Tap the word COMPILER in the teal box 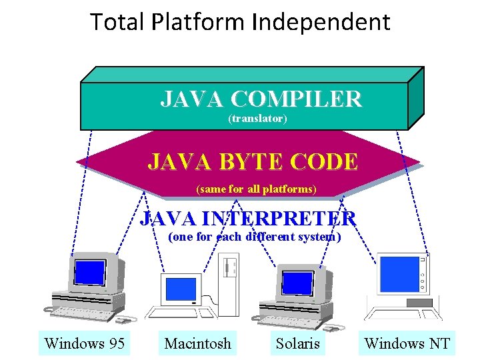pos(296,99)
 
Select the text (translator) pos(257,119)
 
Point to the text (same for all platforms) pos(256,189)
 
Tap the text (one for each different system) pos(255,237)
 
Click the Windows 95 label pos(85,343)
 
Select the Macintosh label pos(198,343)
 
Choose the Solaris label pos(298,343)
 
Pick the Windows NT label pos(407,343)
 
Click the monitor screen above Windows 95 pos(90,272)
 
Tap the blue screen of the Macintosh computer pos(181,289)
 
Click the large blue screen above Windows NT pos(397,275)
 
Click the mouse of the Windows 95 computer pos(47,309)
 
